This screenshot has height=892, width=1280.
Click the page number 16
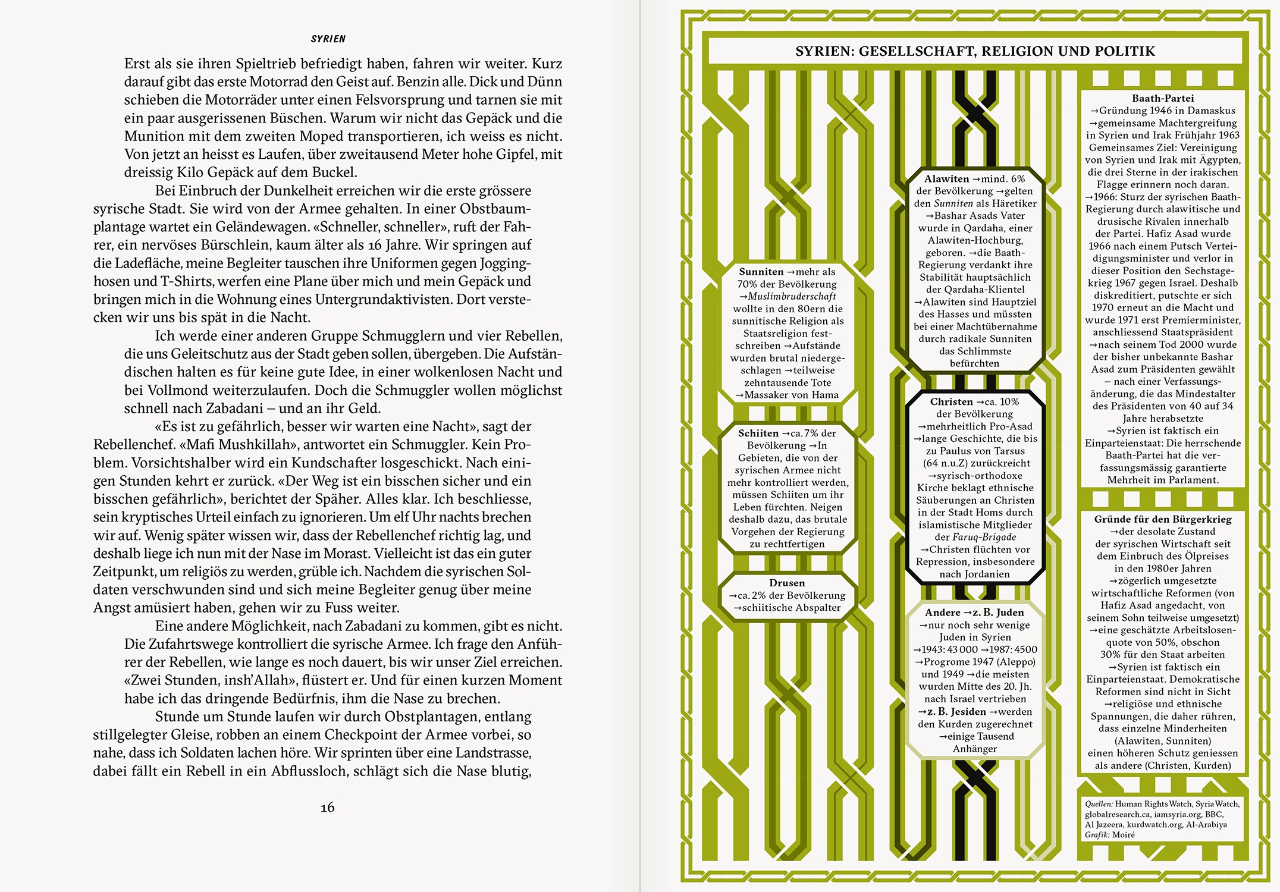(327, 807)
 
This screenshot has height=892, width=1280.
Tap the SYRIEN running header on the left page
(328, 39)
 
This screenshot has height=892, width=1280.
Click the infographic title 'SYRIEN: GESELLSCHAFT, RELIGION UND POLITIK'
(975, 51)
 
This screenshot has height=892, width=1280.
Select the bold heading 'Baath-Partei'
(1162, 98)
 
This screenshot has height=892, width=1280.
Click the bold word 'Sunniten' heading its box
(761, 272)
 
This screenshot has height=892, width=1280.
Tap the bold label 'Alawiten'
(946, 178)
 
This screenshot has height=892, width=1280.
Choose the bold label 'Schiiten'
(758, 433)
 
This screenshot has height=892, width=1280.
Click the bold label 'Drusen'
(786, 583)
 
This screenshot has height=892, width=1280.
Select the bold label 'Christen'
(951, 401)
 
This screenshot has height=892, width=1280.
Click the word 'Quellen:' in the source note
(1098, 804)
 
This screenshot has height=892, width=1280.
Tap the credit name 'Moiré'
(1123, 835)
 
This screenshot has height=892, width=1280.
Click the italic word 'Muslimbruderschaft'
(792, 296)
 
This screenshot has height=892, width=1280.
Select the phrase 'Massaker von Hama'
(791, 395)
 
